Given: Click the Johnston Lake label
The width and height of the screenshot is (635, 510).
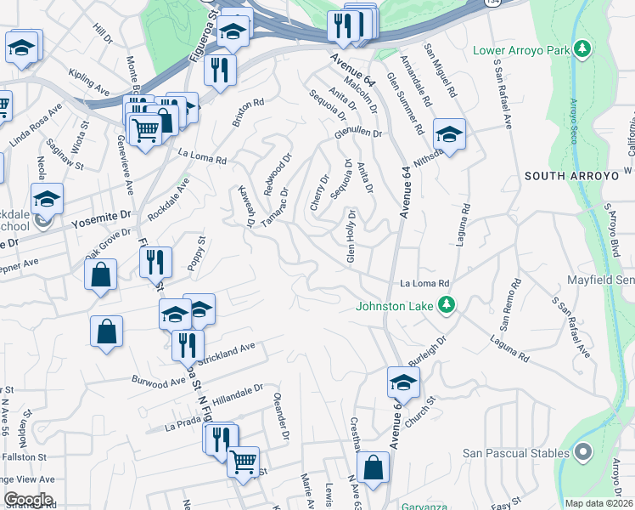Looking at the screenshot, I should (x=395, y=306).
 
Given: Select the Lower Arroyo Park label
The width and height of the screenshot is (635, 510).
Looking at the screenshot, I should (x=520, y=50).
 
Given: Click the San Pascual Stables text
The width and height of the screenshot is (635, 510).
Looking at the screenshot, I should (x=514, y=453).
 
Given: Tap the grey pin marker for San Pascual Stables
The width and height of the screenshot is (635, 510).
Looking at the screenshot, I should (x=582, y=453).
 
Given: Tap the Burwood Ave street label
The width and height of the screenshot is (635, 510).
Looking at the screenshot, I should (x=158, y=375).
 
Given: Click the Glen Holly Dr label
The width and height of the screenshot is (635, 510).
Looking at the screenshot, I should (x=350, y=235).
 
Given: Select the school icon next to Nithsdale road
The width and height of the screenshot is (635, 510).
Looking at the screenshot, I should (x=449, y=133).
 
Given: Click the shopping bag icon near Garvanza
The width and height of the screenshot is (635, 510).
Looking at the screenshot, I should (x=373, y=466).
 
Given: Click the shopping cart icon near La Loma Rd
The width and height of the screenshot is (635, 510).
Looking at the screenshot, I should (x=145, y=129).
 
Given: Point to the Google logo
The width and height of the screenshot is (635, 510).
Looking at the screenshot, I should (x=28, y=500).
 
